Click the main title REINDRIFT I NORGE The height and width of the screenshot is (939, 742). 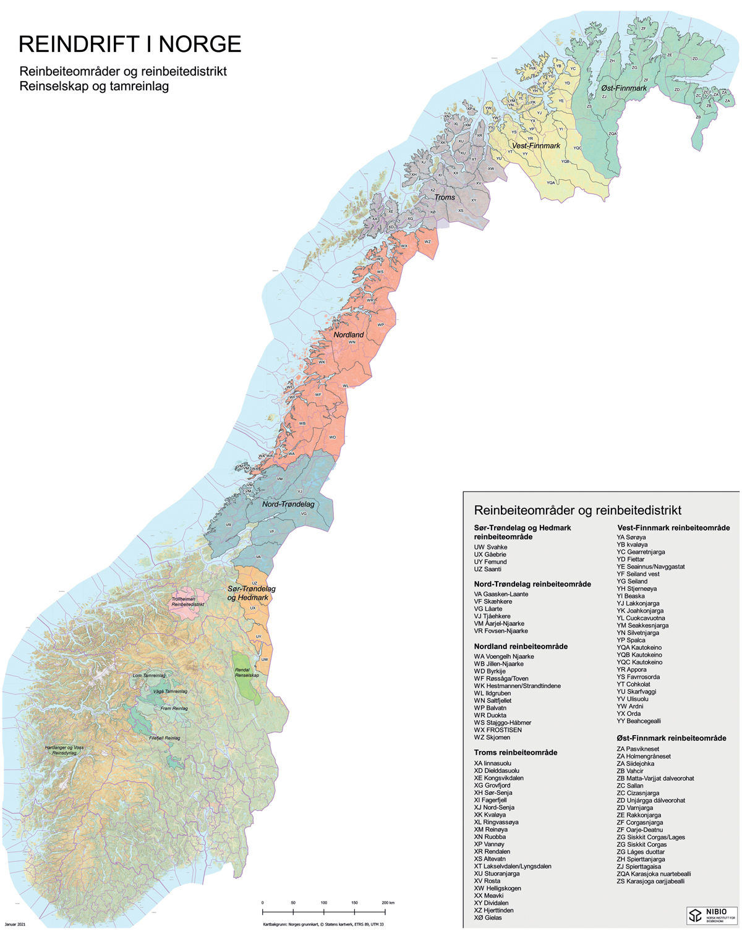click(x=130, y=45)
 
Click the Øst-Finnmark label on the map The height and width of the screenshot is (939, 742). click(x=624, y=88)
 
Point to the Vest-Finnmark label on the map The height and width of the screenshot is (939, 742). click(x=536, y=146)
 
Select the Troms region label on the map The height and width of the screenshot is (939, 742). click(x=445, y=197)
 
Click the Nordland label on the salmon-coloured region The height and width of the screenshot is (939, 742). click(x=349, y=334)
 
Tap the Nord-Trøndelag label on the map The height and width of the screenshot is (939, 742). click(x=288, y=504)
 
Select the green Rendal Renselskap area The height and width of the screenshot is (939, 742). click(x=246, y=676)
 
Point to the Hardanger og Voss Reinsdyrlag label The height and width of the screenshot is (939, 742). click(x=64, y=750)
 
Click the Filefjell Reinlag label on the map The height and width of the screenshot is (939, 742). click(x=164, y=738)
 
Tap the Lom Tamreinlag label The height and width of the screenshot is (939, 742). click(x=149, y=676)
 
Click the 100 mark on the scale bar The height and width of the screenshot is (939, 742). click(x=323, y=903)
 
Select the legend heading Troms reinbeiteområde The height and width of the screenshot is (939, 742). click(x=515, y=752)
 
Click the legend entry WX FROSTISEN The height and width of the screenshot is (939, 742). click(x=498, y=730)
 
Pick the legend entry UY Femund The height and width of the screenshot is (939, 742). click(x=490, y=562)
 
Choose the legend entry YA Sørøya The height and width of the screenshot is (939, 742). click(x=631, y=537)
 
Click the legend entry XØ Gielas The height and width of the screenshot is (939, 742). click(x=488, y=918)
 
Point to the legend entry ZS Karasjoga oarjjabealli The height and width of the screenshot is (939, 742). click(x=650, y=882)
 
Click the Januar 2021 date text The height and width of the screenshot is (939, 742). click(x=15, y=925)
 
